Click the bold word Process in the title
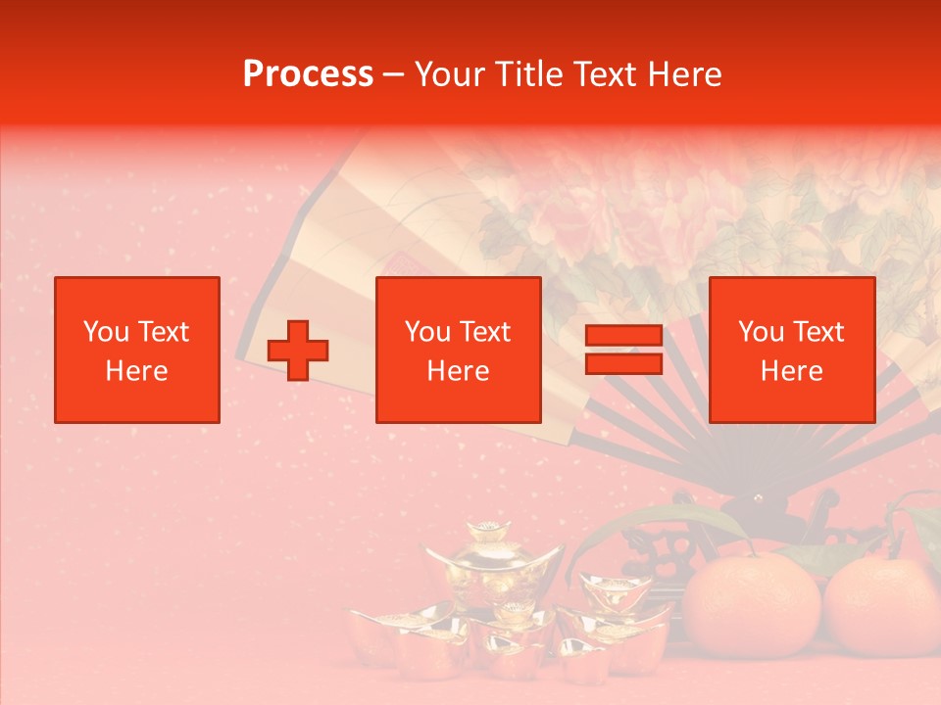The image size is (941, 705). tap(308, 74)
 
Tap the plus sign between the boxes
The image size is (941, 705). tap(298, 350)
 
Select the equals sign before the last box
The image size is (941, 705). tap(623, 350)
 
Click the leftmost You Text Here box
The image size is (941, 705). tap(136, 350)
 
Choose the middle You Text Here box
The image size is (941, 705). tap(458, 350)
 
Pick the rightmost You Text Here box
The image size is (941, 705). tap(791, 350)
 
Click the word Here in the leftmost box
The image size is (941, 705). tap(136, 371)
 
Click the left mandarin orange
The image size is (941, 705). tap(751, 605)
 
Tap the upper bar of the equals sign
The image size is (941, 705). tap(623, 337)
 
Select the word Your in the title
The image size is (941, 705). tap(452, 74)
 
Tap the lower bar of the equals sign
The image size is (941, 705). tap(623, 363)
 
